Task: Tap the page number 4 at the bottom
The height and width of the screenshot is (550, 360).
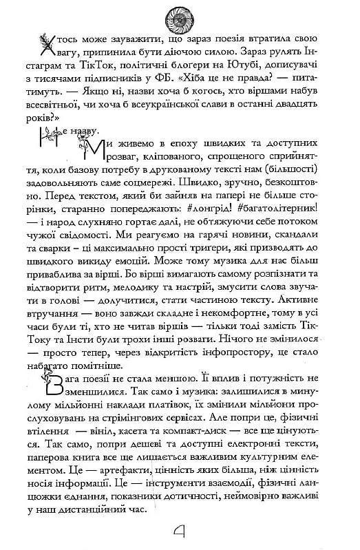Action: click(180, 531)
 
